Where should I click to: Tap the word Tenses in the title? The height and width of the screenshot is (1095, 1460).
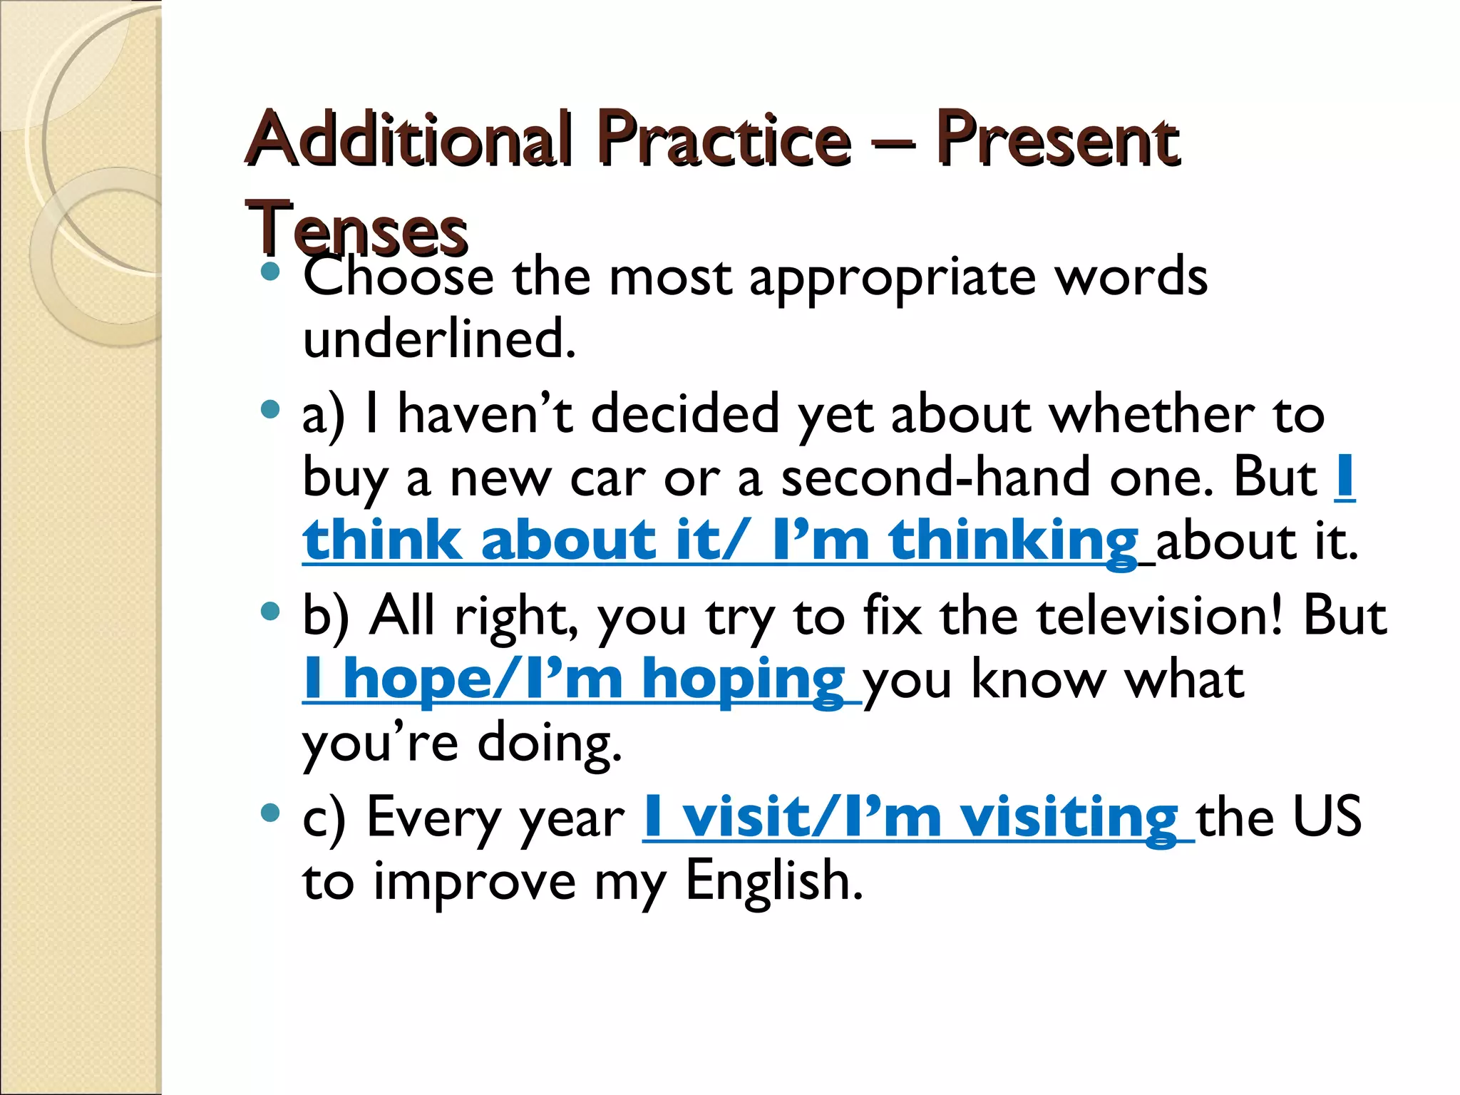click(x=356, y=228)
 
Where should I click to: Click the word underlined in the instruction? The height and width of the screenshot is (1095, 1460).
click(x=438, y=339)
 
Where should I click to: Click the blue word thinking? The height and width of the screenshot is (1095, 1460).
click(x=1012, y=540)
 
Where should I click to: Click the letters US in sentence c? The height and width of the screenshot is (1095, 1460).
click(x=1327, y=817)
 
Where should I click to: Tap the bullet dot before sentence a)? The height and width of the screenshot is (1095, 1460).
click(x=270, y=409)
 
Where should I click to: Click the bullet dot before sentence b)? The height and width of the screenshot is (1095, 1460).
click(x=270, y=611)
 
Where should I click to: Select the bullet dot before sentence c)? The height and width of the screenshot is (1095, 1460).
click(x=270, y=813)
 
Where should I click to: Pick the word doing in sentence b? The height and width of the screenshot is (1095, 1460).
click(x=549, y=744)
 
